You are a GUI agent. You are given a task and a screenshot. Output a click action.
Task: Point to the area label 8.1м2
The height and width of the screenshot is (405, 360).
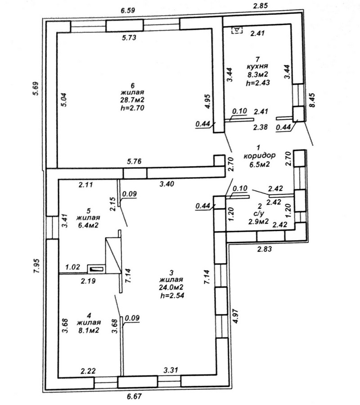(88, 330)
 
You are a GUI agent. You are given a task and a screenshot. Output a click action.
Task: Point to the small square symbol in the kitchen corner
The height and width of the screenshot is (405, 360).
(236, 30)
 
